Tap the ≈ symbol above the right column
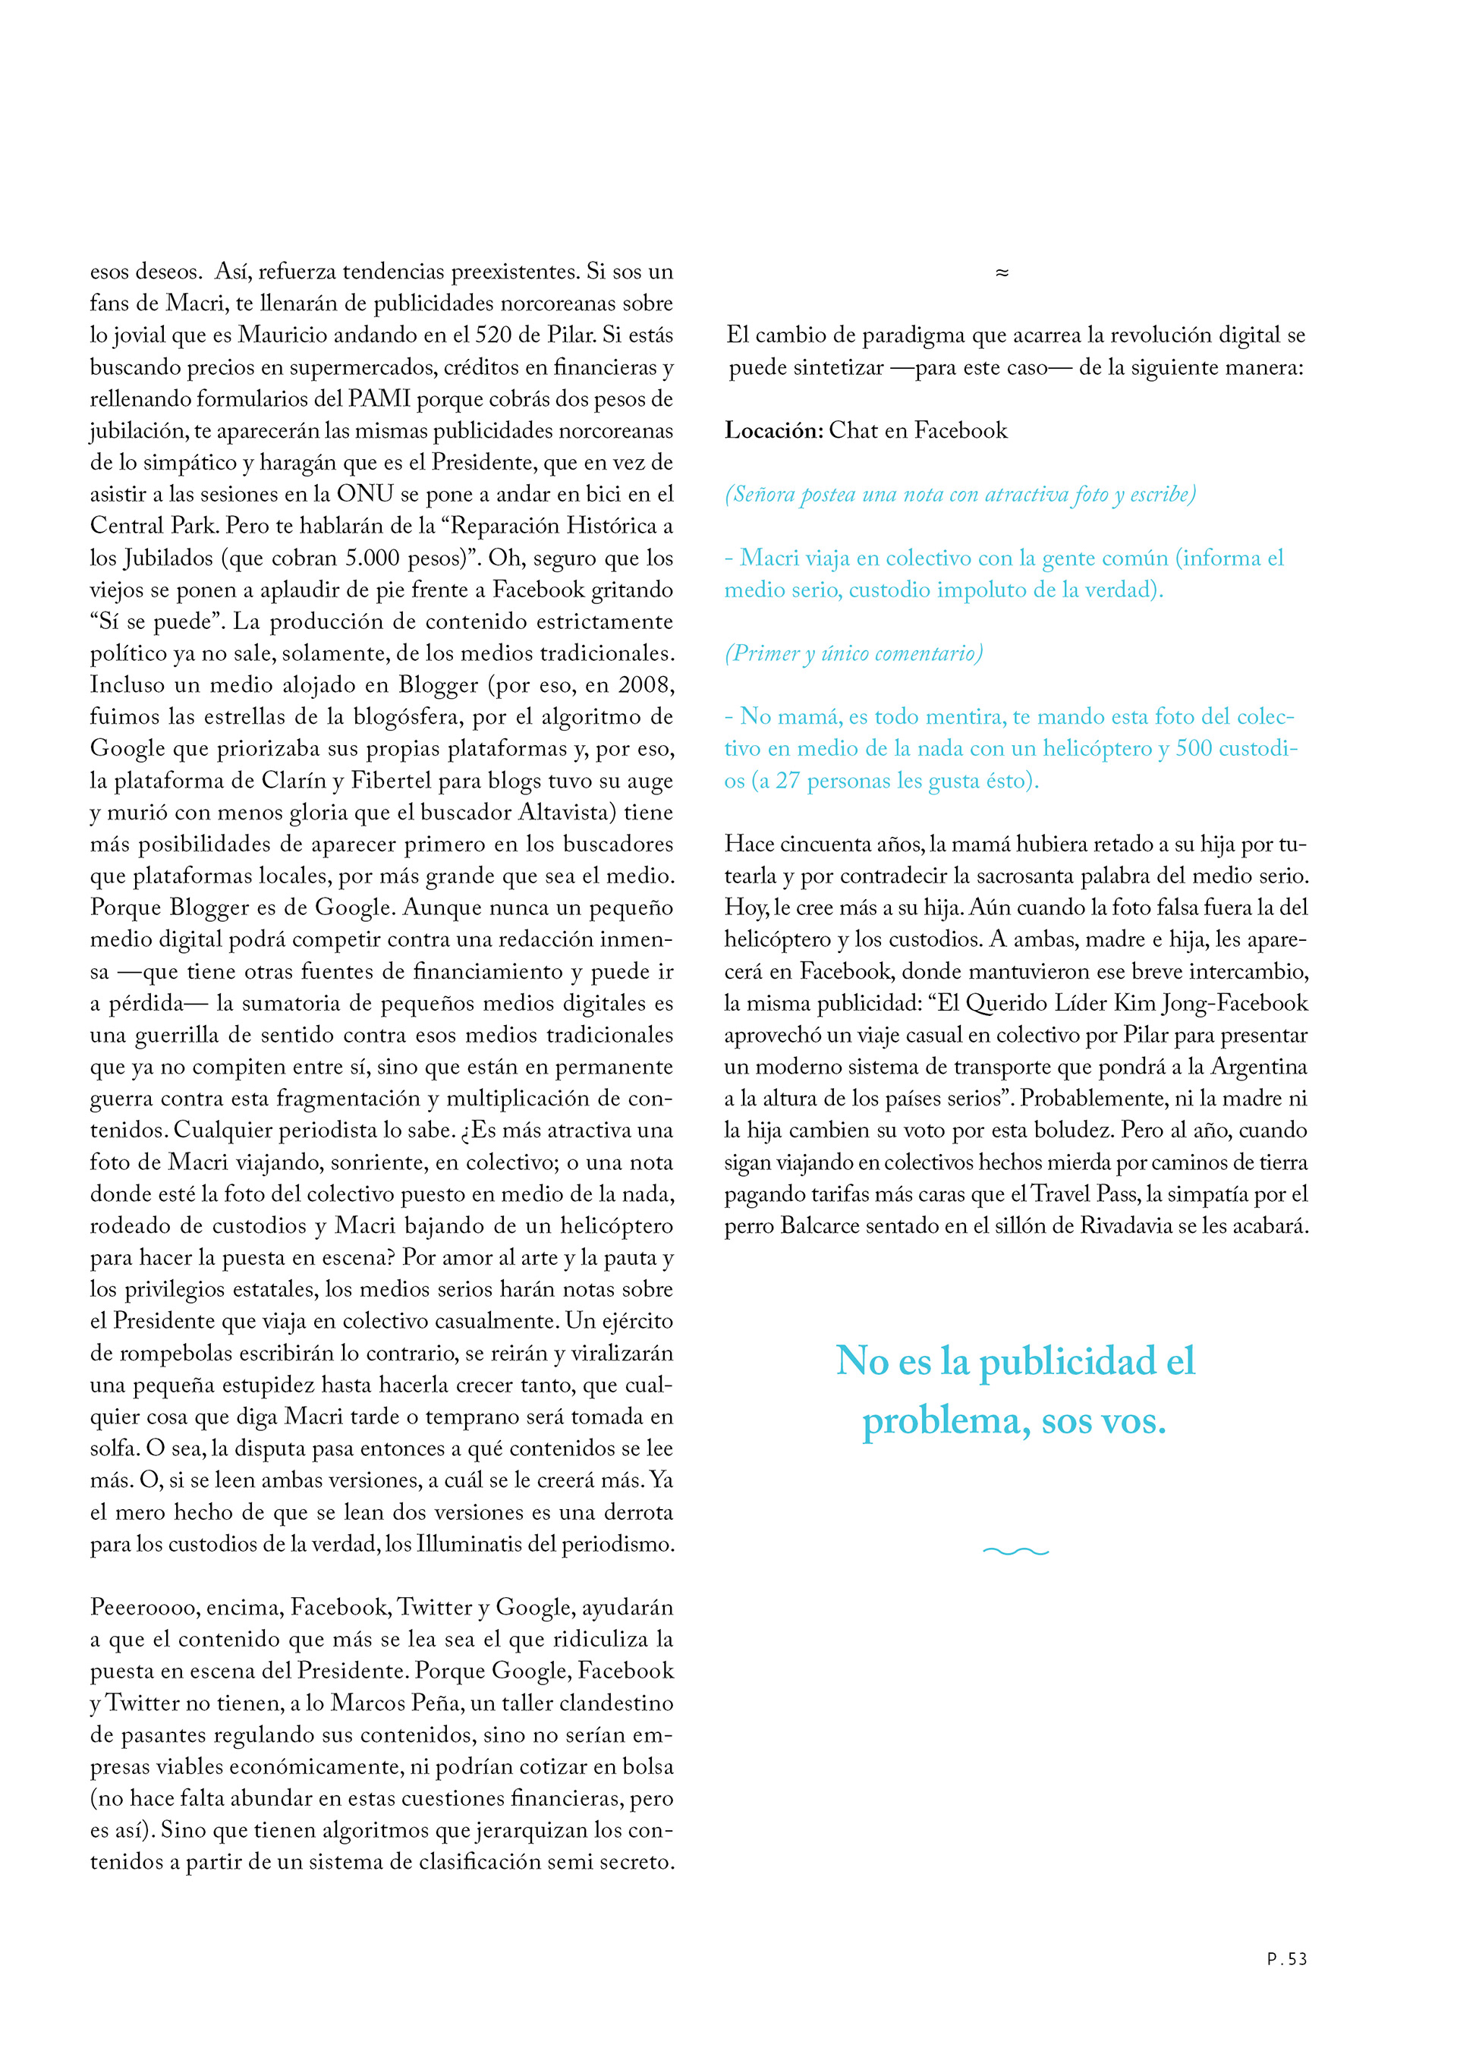click(1002, 272)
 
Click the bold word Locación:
click(773, 431)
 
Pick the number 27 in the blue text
click(787, 781)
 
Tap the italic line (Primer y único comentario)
click(853, 653)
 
